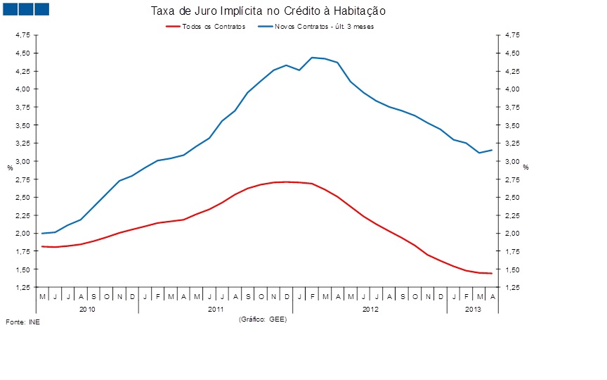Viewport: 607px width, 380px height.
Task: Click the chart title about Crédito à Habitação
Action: (x=268, y=11)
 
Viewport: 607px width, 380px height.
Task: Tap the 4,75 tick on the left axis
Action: (x=22, y=34)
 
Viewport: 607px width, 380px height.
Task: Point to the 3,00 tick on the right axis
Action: (x=511, y=161)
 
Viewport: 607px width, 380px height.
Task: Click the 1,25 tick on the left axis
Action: (x=22, y=288)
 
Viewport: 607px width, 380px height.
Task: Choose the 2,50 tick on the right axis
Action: (x=511, y=197)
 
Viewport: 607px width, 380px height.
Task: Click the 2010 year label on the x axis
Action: (x=87, y=309)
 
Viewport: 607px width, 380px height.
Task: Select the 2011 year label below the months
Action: (x=216, y=309)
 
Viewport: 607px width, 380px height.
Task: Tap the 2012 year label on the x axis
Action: (x=370, y=309)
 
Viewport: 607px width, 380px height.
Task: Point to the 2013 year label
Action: (x=473, y=309)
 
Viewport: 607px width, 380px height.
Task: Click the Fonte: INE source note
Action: (x=23, y=322)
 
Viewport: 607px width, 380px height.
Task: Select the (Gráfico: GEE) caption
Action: (x=263, y=319)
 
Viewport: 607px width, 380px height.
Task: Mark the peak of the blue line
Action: (x=312, y=58)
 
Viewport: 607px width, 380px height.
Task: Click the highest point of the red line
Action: (x=286, y=182)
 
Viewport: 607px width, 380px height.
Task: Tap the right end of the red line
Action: (x=492, y=273)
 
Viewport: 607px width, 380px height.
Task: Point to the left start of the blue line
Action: (x=42, y=233)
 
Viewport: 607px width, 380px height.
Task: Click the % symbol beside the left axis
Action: (x=10, y=167)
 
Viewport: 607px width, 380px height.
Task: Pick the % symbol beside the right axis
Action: (x=525, y=167)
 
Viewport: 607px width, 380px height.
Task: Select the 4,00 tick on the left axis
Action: (x=22, y=89)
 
